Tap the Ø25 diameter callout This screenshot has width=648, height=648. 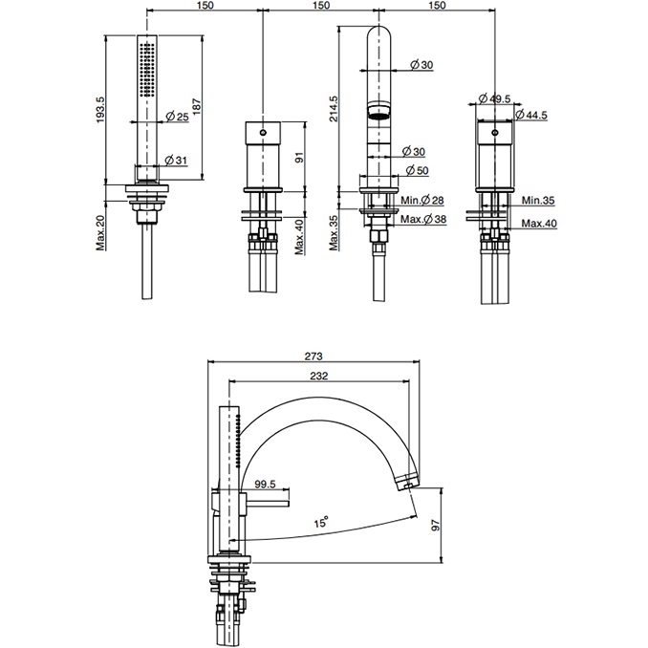click(x=176, y=118)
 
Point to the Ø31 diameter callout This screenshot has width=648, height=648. click(x=176, y=160)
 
